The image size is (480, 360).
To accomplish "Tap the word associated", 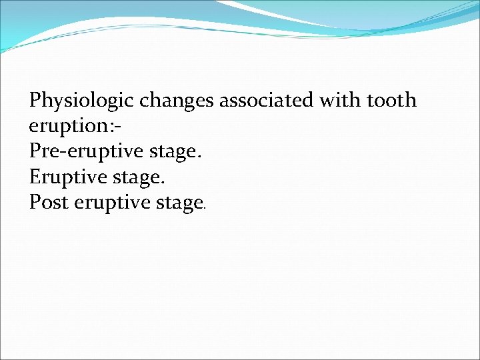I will click(266, 101).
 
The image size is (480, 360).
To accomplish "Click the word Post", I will click(49, 202).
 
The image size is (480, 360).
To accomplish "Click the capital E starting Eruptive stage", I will click(35, 177).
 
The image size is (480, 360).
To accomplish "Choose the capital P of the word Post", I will click(35, 202).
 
